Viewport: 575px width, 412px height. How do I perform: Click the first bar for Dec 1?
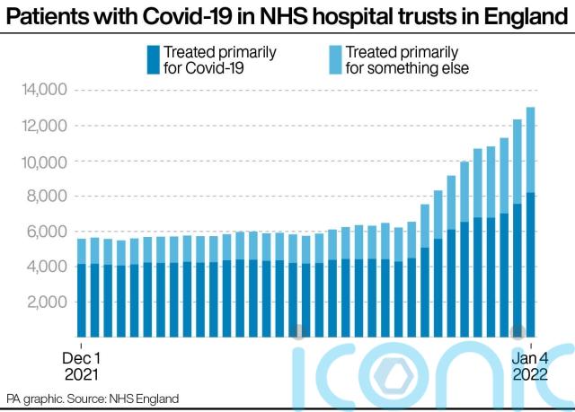point(82,288)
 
